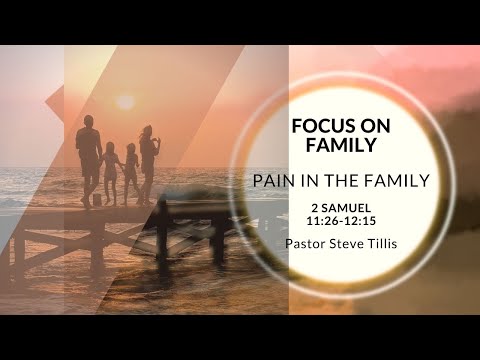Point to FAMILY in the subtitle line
click(x=397, y=181)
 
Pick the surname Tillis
click(x=381, y=242)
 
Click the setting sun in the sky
click(x=125, y=101)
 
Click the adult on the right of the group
click(x=148, y=160)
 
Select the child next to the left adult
click(x=109, y=172)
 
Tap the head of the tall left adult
click(x=88, y=122)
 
